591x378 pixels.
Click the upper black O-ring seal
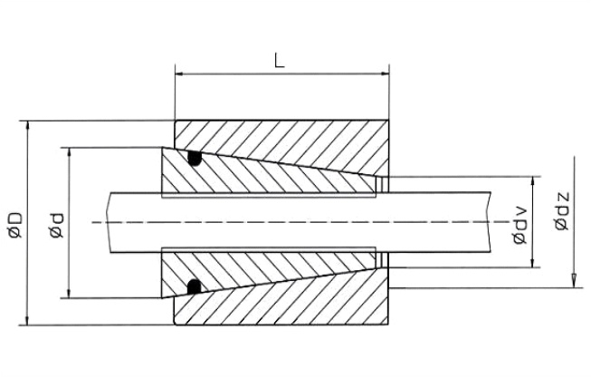coord(193,160)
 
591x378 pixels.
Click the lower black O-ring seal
coord(193,287)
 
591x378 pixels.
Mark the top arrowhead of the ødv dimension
coord(533,179)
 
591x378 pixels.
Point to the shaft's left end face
coord(106,222)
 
